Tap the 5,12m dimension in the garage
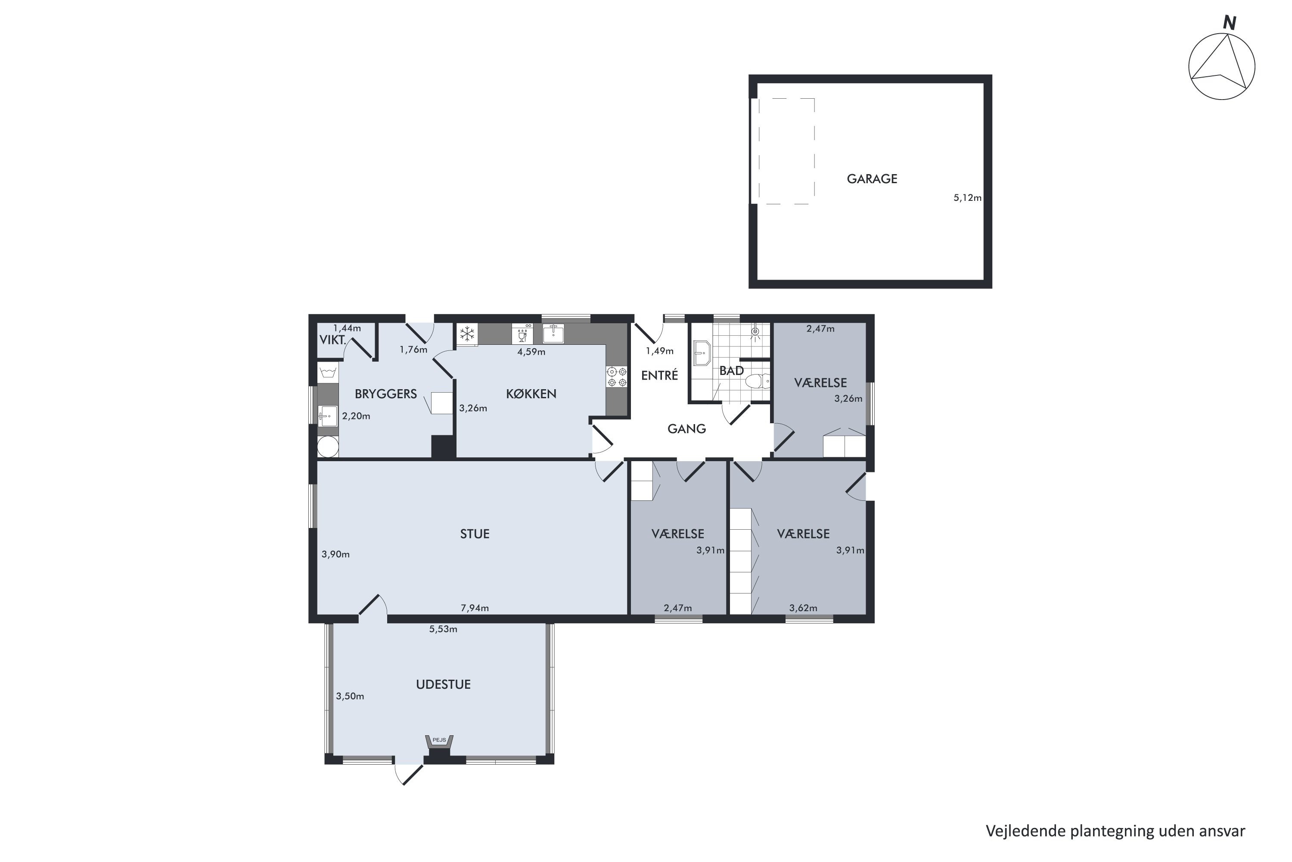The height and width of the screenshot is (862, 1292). coord(967,198)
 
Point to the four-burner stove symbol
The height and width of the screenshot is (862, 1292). coord(617,377)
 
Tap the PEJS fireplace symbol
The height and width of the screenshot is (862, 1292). coord(439,742)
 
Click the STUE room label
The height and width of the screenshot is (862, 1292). coord(475,534)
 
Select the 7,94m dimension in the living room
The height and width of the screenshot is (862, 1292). coord(475,608)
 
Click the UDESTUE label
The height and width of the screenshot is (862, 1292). coord(443,684)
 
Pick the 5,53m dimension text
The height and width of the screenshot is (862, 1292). coord(443,629)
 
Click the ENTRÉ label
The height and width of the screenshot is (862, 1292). coord(659,375)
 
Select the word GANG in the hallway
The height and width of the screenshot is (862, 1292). coord(686,429)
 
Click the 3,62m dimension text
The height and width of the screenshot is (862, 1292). coord(803,608)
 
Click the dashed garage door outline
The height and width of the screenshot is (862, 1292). coord(786,151)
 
